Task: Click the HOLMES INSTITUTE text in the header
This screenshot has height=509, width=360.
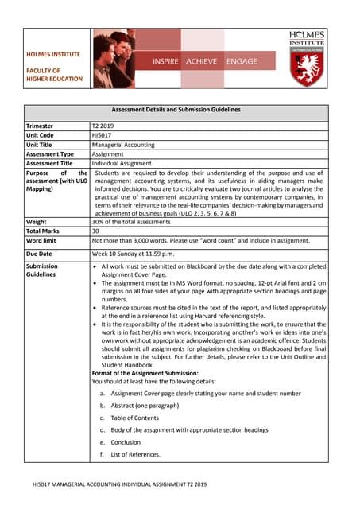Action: (x=54, y=54)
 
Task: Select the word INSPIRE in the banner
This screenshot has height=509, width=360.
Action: (x=166, y=61)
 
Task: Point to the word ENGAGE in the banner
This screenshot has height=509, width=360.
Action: (x=242, y=61)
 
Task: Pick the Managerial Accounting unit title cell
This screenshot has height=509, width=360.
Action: (x=123, y=145)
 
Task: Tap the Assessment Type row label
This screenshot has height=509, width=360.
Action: (x=50, y=154)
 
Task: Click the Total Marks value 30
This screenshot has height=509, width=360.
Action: (x=96, y=230)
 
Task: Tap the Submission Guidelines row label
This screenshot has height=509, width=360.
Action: (x=43, y=272)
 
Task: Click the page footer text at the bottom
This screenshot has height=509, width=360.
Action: (x=119, y=484)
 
